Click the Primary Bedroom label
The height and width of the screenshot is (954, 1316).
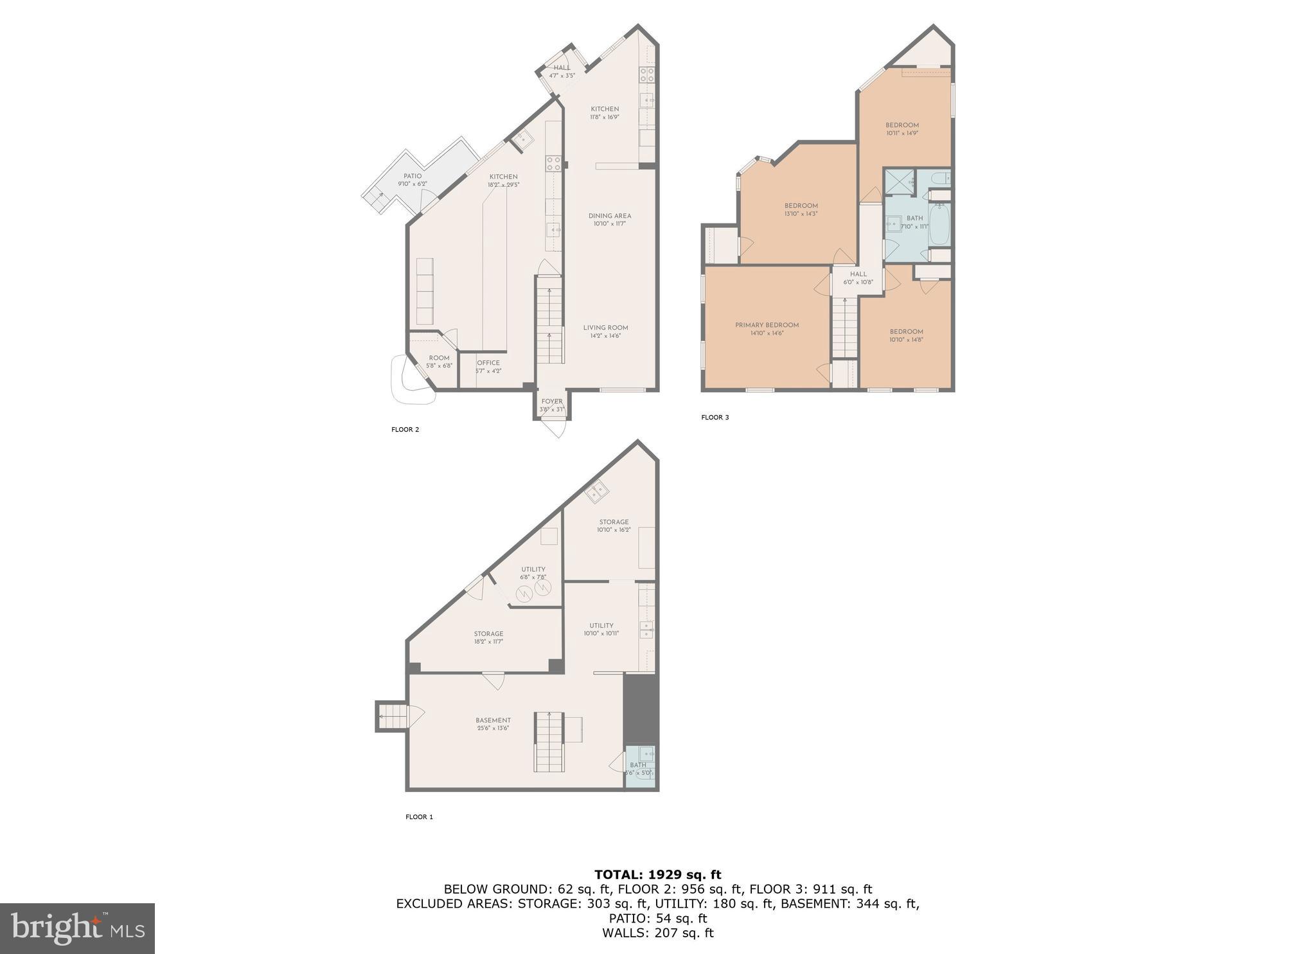click(x=767, y=325)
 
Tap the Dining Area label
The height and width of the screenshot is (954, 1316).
click(x=609, y=216)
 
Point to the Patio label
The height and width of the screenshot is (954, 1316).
click(x=413, y=176)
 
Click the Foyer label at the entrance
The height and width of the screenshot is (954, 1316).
click(x=551, y=402)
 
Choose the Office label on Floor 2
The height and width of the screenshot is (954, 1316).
click(x=488, y=363)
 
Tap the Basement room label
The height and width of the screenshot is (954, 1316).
click(x=493, y=720)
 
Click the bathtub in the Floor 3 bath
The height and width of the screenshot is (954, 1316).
click(x=939, y=224)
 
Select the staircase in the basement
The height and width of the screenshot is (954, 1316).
click(x=549, y=742)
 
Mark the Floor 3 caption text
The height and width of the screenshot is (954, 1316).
click(x=715, y=418)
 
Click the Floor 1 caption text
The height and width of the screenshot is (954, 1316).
click(x=419, y=817)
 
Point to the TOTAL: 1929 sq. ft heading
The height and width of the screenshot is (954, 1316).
click(x=657, y=874)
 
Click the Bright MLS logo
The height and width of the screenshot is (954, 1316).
click(x=77, y=928)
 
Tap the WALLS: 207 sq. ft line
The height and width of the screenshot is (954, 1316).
click(x=657, y=933)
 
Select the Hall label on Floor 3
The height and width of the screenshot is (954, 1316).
click(x=858, y=274)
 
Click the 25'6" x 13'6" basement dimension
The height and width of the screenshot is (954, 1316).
click(x=493, y=729)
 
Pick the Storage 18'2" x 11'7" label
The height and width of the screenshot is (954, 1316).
click(x=488, y=637)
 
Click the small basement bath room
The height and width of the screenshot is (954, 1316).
click(x=640, y=766)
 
